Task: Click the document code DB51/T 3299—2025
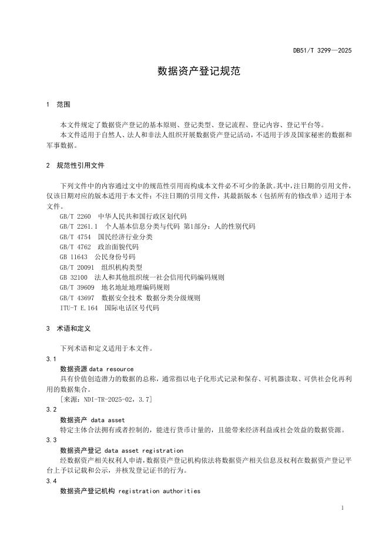click(322, 51)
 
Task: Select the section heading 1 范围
click(58, 104)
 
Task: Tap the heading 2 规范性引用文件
click(75, 166)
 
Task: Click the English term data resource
click(111, 369)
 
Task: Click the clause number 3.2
click(51, 409)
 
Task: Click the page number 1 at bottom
click(342, 507)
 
